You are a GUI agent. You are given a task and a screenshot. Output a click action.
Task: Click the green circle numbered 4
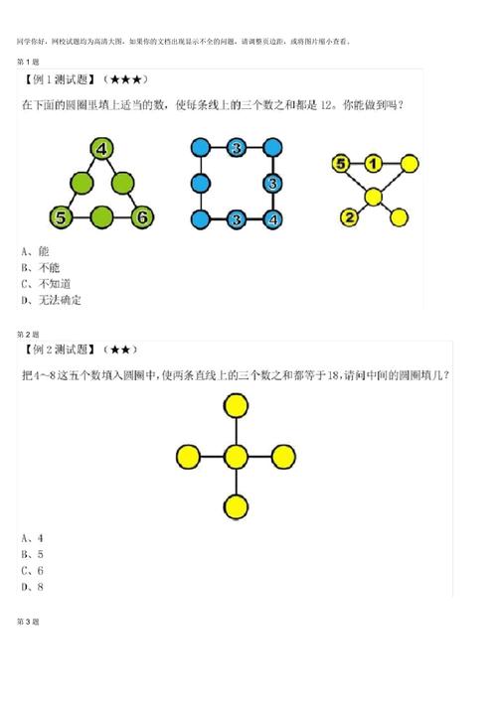[100, 150]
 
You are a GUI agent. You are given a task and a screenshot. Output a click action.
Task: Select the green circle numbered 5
[62, 215]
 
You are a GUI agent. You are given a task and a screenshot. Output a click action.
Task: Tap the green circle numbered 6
[142, 215]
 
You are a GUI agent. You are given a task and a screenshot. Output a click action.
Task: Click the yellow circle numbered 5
[340, 164]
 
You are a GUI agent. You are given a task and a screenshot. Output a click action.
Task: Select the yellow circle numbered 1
[373, 164]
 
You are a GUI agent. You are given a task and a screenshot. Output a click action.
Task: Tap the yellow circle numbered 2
[349, 217]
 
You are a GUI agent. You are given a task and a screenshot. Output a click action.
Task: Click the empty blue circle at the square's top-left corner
[200, 149]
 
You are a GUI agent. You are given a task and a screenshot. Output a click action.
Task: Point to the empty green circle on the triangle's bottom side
[101, 215]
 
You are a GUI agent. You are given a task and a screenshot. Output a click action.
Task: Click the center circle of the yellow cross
[236, 457]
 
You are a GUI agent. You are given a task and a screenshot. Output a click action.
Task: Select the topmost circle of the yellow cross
[236, 405]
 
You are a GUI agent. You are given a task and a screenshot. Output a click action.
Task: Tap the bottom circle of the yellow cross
[236, 507]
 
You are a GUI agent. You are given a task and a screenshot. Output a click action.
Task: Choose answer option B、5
[32, 554]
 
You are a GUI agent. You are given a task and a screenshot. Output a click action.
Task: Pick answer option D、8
[32, 586]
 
